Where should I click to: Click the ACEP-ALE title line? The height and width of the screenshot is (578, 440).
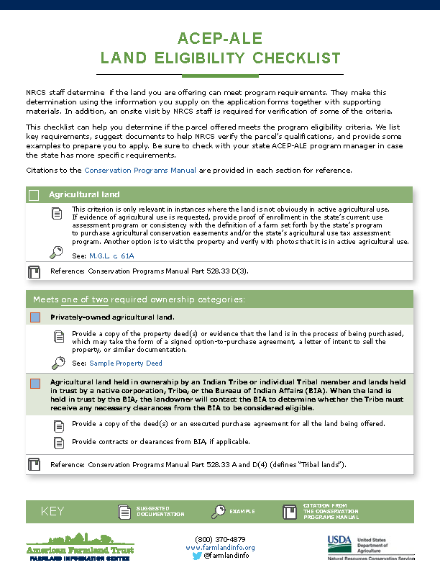[219, 38]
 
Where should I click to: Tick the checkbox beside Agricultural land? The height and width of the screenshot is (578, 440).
[34, 195]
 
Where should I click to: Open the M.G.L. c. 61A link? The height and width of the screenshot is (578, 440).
[111, 256]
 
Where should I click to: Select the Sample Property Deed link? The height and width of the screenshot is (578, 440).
[126, 363]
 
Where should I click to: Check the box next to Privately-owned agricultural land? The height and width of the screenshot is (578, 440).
[35, 317]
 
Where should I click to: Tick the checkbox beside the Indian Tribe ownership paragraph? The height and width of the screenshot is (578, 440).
[35, 384]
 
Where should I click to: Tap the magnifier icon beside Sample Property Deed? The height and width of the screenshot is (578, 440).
[58, 363]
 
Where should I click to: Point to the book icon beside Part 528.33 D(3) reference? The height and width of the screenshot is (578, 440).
[33, 272]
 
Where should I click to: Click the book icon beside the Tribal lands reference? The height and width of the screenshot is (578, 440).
[33, 464]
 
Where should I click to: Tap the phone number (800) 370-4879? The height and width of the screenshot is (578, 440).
[220, 539]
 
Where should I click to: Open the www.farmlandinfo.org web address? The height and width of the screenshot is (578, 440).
[220, 548]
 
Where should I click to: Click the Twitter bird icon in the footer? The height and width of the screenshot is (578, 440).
[197, 556]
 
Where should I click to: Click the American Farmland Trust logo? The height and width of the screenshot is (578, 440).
[80, 547]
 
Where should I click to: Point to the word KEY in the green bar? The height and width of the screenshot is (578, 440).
[52, 512]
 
